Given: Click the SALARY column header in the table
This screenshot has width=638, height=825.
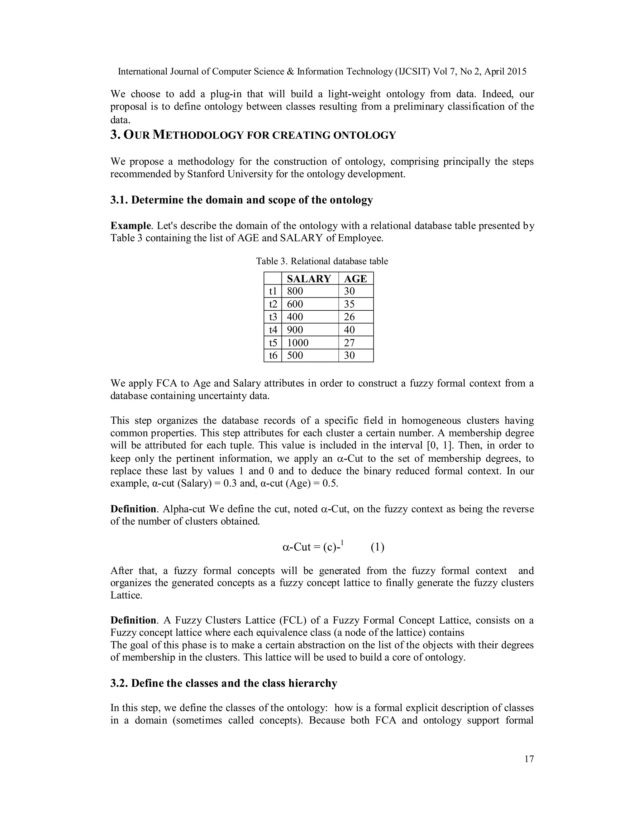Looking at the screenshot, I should pos(309,279).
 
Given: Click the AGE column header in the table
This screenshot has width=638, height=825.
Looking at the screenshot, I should pos(355,279).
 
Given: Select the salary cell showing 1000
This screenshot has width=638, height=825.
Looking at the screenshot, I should pos(298,343).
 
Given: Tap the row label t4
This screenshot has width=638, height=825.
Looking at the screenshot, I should pos(273,330).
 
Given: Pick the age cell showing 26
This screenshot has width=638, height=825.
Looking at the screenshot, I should pos(349,317).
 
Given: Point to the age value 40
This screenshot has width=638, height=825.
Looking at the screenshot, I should pos(349,330).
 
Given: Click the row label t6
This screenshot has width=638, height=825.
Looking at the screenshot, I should pos(273,356).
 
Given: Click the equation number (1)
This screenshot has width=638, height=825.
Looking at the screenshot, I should pos(377,547).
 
